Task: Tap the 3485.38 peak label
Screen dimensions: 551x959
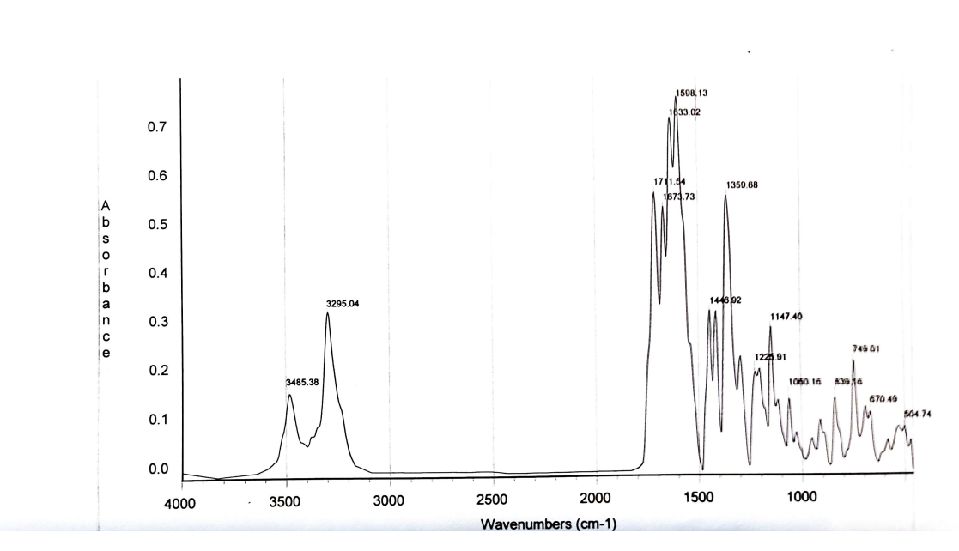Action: click(x=302, y=383)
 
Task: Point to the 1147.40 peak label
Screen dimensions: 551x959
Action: click(x=786, y=318)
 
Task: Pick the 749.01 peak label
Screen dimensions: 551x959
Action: click(x=868, y=349)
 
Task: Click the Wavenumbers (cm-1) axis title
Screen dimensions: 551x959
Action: click(x=549, y=524)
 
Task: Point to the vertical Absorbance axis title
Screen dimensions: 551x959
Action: click(x=106, y=280)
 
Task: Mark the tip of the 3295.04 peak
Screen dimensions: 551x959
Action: click(x=328, y=313)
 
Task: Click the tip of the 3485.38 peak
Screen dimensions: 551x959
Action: click(x=290, y=395)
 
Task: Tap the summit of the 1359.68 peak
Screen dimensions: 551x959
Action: click(x=725, y=196)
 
